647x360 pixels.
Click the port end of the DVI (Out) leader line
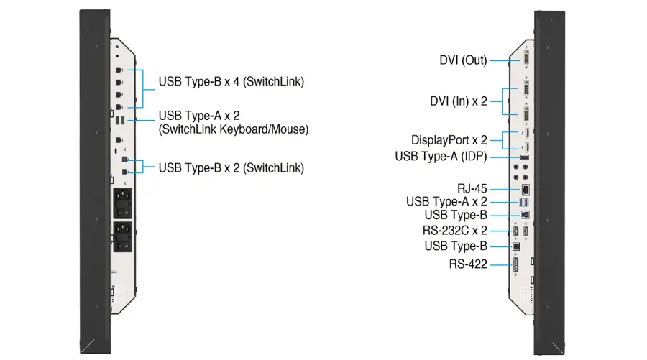520,60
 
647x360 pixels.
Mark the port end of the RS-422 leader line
512,264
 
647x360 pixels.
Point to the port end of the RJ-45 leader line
520,189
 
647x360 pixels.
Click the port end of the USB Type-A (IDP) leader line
520,157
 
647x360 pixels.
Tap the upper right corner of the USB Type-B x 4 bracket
143,70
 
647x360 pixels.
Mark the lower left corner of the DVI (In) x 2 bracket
503,114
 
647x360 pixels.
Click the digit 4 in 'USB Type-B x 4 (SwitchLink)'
236,82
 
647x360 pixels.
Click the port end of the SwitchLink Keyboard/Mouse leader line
129,120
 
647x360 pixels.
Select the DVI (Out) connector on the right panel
526,57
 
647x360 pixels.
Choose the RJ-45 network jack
526,189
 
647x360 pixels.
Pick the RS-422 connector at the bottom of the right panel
515,264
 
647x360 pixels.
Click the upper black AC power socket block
122,203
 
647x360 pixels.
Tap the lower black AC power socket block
122,236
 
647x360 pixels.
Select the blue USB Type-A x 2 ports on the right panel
524,202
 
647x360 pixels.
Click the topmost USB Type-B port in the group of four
119,70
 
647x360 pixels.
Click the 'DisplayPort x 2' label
449,140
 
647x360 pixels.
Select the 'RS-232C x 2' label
455,230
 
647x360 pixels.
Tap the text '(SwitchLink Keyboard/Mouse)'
234,129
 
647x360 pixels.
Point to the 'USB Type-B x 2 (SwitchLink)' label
231,168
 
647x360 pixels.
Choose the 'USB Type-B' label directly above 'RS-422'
456,246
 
